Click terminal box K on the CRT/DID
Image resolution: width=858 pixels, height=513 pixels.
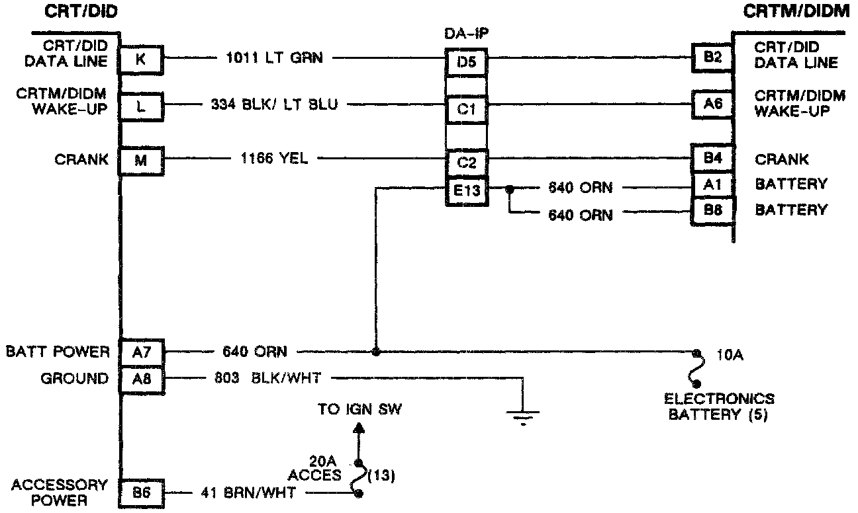coord(140,59)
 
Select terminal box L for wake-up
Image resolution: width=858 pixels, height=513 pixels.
coord(140,106)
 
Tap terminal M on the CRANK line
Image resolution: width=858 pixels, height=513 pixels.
coord(140,161)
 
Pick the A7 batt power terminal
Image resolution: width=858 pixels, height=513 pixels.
coord(141,352)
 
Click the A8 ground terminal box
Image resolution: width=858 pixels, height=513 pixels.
coord(141,379)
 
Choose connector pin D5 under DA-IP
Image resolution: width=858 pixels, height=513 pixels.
coord(466,61)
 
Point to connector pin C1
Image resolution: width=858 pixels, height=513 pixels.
coord(466,110)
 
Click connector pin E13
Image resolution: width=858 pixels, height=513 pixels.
coord(467,191)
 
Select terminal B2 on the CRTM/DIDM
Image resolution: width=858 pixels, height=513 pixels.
coord(712,58)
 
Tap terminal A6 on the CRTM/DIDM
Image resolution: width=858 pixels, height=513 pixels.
coord(712,104)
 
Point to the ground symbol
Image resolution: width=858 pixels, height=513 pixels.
coord(523,417)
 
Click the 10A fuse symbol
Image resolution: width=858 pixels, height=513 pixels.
coord(696,368)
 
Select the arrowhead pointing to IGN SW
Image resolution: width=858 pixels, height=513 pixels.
coord(359,428)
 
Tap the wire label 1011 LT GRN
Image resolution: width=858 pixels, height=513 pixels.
coord(275,58)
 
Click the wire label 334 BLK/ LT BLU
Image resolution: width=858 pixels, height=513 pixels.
coord(274,104)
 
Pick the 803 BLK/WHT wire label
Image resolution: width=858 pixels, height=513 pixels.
coord(267,378)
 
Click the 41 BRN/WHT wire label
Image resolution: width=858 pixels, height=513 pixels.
coord(248,493)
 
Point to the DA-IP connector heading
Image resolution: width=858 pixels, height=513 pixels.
coord(466,34)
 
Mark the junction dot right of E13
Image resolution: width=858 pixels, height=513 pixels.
coord(510,188)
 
